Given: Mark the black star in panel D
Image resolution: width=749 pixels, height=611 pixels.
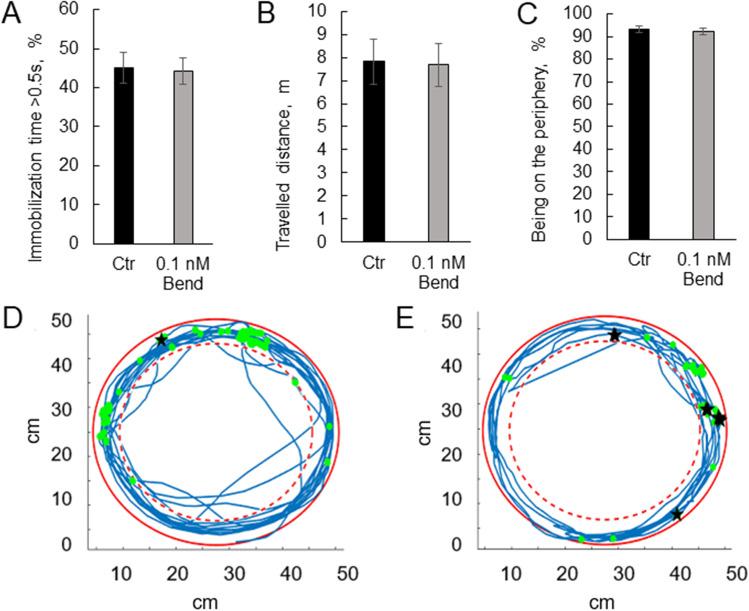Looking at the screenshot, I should click(162, 340).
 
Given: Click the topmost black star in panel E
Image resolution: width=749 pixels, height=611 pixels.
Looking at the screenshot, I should click(615, 335).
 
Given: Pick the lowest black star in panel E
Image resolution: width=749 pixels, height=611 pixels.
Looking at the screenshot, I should click(677, 514).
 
